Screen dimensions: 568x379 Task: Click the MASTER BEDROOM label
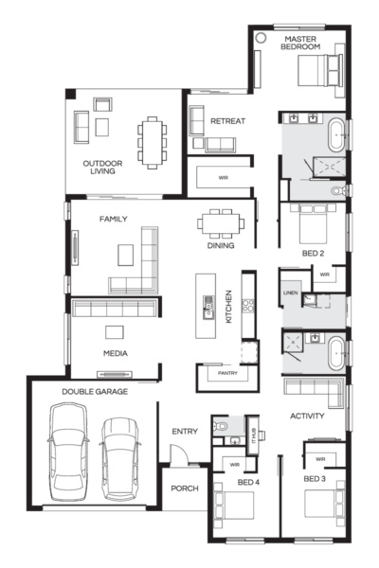coord(301,42)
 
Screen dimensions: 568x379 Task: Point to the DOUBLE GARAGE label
coord(96,391)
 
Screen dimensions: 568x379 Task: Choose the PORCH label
coord(184,488)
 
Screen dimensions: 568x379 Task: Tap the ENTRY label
coord(184,432)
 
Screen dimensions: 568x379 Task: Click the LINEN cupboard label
coord(291,294)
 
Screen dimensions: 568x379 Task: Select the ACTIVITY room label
coord(308,416)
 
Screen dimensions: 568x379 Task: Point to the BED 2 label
coord(314,255)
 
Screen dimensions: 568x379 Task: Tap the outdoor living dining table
coord(152,139)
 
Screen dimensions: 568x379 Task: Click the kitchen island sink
coord(208,305)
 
